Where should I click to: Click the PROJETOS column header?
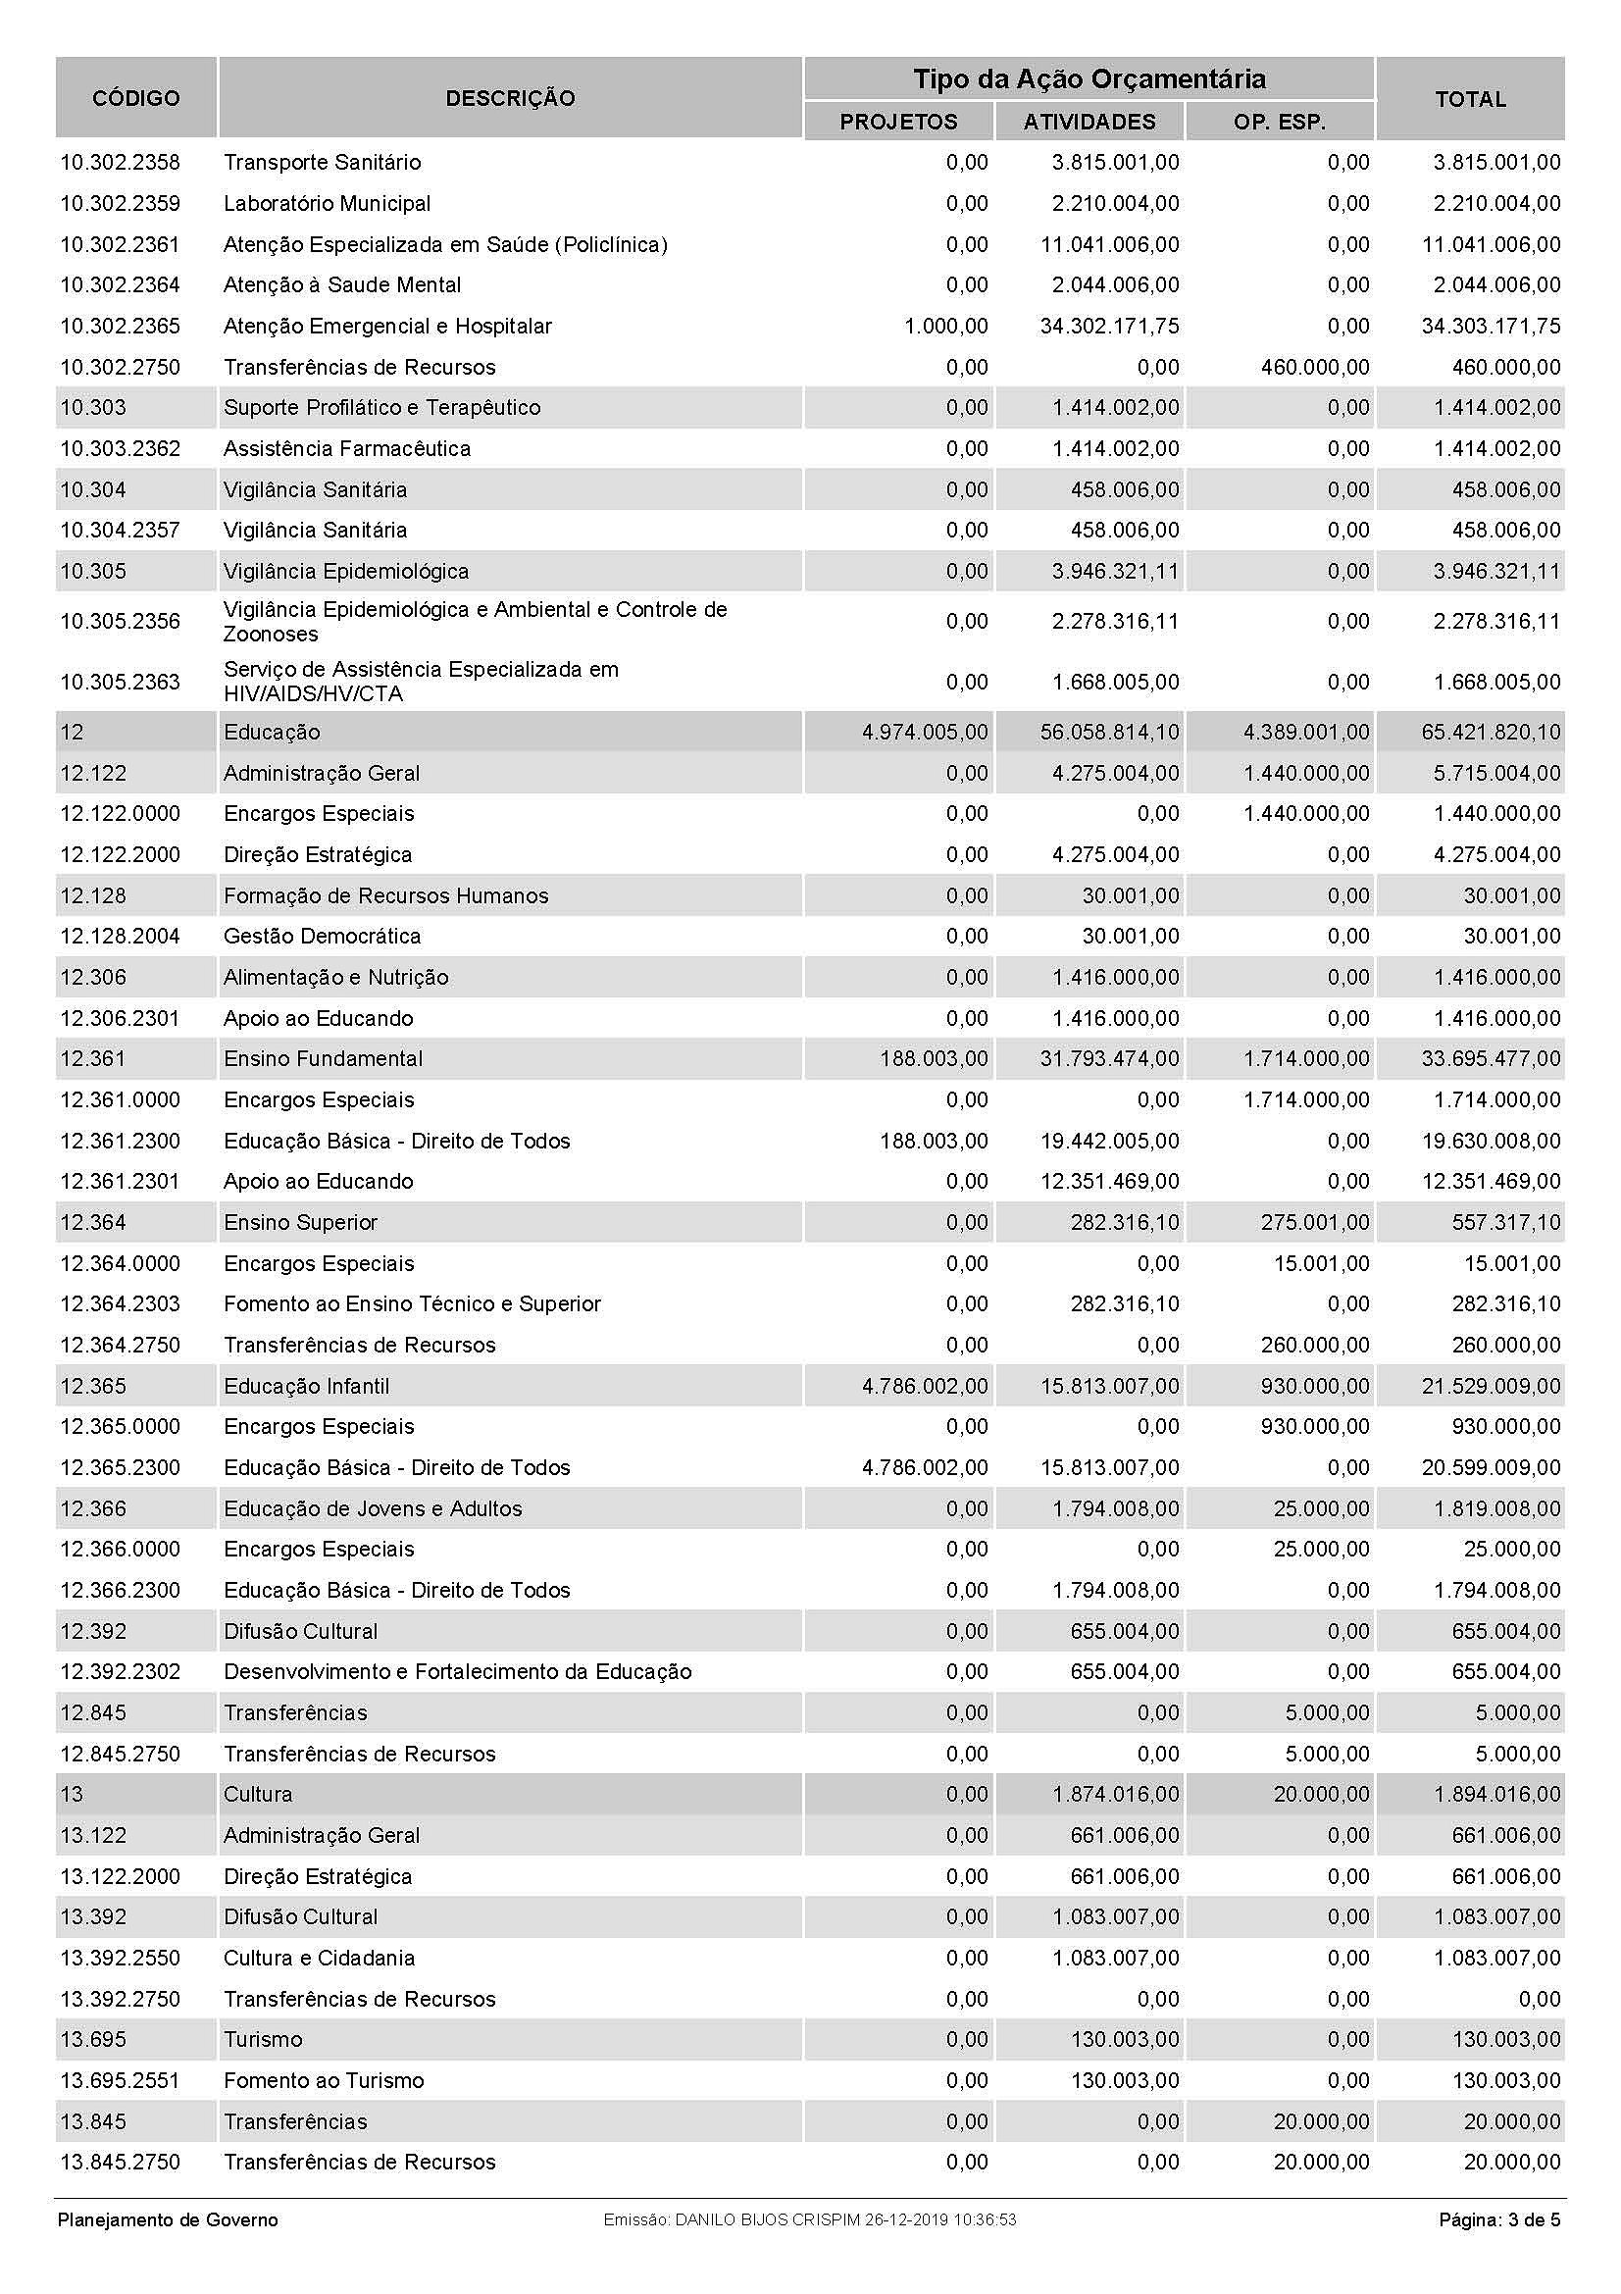pos(898,122)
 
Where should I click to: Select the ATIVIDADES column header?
pos(1089,122)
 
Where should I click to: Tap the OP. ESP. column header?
pos(1279,122)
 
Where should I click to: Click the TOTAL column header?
pos(1469,99)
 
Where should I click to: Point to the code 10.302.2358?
pos(120,163)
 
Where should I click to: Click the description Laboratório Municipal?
pos(327,204)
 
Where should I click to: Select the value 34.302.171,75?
pos(1109,327)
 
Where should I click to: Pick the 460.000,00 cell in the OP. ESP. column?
pos(1314,368)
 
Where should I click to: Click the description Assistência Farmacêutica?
pos(346,449)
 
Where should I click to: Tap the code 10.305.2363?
pos(120,683)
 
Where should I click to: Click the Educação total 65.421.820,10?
pos(1491,733)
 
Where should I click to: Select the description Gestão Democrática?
pos(322,937)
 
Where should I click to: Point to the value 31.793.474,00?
pos(1109,1059)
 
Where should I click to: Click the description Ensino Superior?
pos(301,1223)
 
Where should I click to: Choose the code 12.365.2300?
pos(120,1468)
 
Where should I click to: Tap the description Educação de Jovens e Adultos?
pos(373,1508)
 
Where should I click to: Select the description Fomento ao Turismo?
pos(324,2081)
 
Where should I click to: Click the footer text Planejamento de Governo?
pos(168,2220)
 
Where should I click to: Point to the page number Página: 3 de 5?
pos(1498,2220)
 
